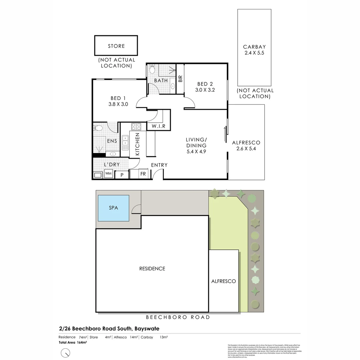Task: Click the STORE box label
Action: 116,46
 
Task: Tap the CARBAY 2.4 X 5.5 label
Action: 254,50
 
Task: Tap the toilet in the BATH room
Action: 152,69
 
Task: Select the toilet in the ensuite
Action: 98,128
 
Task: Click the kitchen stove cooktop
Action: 136,127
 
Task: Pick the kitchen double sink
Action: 125,143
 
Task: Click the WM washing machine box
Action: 108,174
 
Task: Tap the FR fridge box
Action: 143,174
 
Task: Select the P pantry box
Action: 122,175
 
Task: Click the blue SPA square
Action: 113,208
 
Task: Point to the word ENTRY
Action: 159,165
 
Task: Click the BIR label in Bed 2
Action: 180,79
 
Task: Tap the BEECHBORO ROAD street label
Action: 178,317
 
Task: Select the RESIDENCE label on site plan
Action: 152,268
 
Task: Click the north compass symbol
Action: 66,352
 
